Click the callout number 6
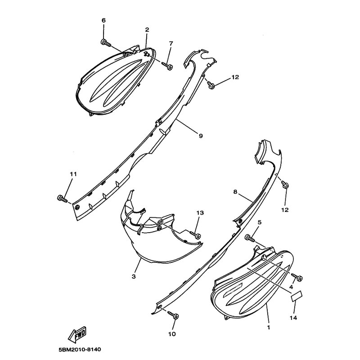[103, 20]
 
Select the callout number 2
[147, 30]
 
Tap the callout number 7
[171, 43]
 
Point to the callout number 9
[201, 136]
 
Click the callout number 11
[73, 174]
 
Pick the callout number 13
[200, 213]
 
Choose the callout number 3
[134, 277]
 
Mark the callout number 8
[235, 192]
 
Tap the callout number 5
[260, 222]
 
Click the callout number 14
[293, 318]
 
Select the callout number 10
[172, 334]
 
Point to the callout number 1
[269, 327]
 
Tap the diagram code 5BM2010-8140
[80, 350]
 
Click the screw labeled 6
[106, 43]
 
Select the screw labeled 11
[62, 198]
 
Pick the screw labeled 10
[173, 315]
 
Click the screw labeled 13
[195, 234]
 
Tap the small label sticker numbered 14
[297, 296]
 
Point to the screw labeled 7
[167, 65]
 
